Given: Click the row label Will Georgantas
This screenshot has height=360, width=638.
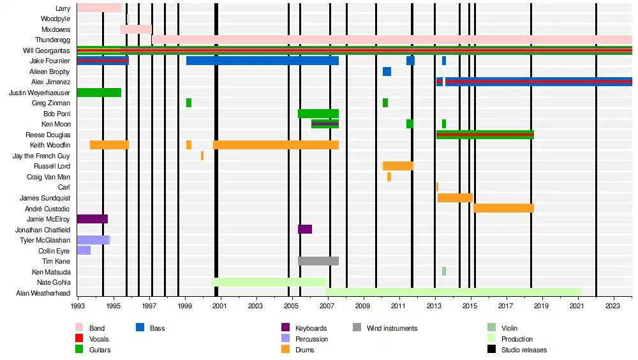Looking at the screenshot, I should [x=47, y=50].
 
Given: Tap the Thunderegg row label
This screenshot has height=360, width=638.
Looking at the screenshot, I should [x=52, y=40].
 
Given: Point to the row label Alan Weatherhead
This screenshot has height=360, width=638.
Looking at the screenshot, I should [x=43, y=293].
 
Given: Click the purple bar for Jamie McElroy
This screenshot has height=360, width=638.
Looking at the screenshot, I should [x=93, y=219].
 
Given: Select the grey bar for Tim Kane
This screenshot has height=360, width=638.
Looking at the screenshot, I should [x=318, y=261].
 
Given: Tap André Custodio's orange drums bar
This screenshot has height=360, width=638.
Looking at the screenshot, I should [x=503, y=208].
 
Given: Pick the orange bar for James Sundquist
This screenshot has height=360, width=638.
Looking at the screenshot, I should [x=455, y=198].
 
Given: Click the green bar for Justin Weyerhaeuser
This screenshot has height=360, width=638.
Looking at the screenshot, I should [x=99, y=93].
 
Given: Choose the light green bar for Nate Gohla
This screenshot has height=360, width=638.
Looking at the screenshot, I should [x=269, y=282].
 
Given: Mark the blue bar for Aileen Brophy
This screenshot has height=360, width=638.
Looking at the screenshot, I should [x=387, y=71].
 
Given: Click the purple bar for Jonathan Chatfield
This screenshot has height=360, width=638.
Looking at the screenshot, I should [x=305, y=229].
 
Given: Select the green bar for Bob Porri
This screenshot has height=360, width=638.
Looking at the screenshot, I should [x=318, y=114].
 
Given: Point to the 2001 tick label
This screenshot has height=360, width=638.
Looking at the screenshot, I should [x=221, y=306].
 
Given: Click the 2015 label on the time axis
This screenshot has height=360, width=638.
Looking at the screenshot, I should [x=471, y=306].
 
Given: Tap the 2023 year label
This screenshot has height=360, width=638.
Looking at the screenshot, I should [x=614, y=306].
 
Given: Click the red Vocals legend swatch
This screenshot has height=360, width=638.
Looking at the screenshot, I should [x=80, y=339].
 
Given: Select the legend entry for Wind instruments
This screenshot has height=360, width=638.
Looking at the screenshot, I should [x=392, y=328].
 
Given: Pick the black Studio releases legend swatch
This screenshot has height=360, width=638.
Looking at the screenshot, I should [x=491, y=350].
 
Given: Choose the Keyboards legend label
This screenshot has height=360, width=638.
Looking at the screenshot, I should [x=311, y=328].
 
